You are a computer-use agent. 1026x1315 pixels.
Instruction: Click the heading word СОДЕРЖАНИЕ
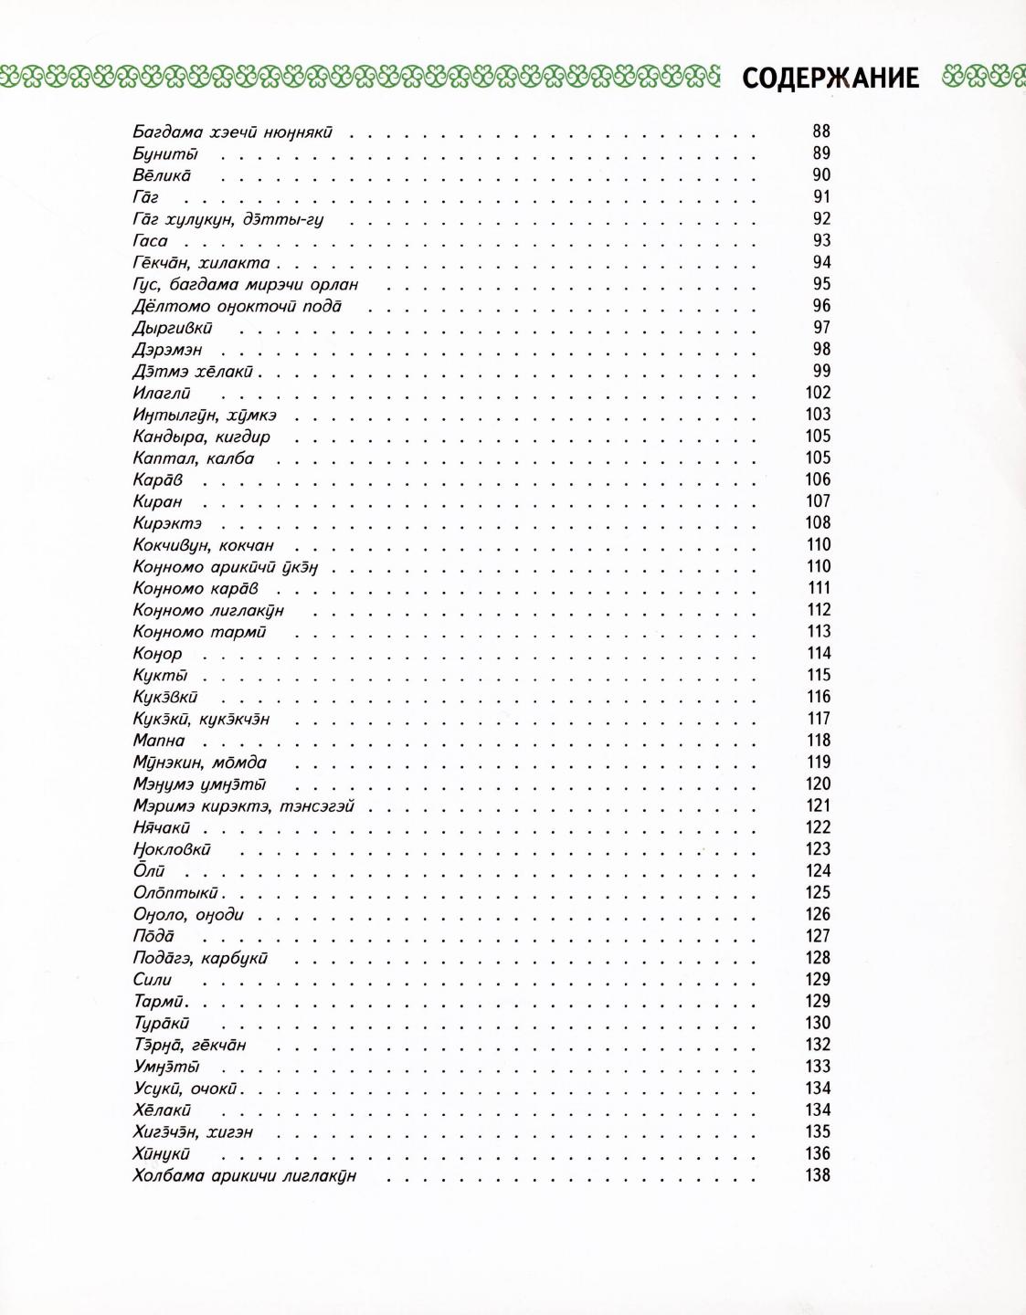point(830,79)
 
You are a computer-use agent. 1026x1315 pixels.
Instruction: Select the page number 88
point(821,131)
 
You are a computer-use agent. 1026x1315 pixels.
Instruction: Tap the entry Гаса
point(151,241)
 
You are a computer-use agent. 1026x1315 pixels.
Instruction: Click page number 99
point(821,371)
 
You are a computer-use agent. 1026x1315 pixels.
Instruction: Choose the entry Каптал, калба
point(194,458)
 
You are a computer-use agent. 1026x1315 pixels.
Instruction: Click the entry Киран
point(158,502)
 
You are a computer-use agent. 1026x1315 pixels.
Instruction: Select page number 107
point(818,501)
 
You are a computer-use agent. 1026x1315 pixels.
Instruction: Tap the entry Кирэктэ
point(167,524)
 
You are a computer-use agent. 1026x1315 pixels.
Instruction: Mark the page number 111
point(819,588)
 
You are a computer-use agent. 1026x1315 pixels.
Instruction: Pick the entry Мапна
point(159,741)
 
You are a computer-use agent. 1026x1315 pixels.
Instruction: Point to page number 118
point(819,741)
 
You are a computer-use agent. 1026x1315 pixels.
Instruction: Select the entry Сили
point(153,980)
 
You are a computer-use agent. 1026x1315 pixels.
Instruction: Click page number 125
point(818,892)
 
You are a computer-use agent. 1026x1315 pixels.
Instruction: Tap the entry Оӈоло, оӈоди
point(188,915)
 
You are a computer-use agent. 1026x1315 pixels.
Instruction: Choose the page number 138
point(818,1175)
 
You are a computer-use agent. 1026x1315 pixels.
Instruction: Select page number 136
point(818,1153)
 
